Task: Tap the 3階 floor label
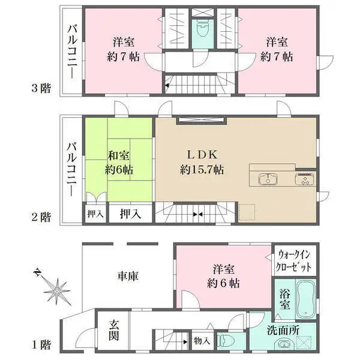pyautogui.click(x=41, y=88)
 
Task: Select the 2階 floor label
pyautogui.click(x=41, y=217)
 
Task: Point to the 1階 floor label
pyautogui.click(x=41, y=346)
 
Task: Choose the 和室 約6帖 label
pyautogui.click(x=119, y=161)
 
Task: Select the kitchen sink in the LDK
pyautogui.click(x=267, y=179)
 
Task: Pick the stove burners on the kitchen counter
pyautogui.click(x=302, y=179)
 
